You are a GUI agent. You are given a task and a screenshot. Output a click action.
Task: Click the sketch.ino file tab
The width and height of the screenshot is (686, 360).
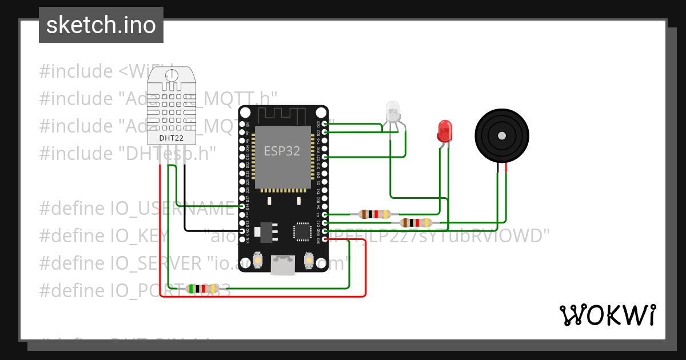pos(101,25)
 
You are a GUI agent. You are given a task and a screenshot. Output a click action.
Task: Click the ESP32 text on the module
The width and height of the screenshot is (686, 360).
pos(281,151)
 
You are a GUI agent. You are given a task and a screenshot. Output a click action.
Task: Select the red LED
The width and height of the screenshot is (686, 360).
pos(444,131)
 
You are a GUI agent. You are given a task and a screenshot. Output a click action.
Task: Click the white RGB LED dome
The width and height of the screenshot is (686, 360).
pos(393,111)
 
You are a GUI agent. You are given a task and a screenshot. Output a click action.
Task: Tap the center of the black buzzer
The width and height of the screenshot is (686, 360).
pos(501,135)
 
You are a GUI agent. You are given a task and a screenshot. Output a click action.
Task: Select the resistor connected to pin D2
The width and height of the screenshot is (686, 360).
pos(374,214)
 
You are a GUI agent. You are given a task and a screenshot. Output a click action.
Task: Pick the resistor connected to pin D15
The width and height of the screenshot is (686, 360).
pos(416,223)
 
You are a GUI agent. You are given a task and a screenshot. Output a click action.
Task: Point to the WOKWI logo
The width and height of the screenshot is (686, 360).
pos(607,315)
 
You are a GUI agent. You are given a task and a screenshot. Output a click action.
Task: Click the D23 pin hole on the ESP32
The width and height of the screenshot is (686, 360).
pos(325,123)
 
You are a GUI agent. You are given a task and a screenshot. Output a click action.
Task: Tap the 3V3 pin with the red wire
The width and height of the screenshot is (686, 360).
pos(325,239)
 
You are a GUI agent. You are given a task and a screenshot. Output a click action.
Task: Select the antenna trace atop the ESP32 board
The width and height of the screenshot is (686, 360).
pos(283,115)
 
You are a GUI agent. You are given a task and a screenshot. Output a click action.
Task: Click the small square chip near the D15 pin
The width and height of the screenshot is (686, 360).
pos(301,231)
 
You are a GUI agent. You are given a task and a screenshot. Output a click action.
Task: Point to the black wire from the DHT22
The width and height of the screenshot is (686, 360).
pos(185,200)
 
